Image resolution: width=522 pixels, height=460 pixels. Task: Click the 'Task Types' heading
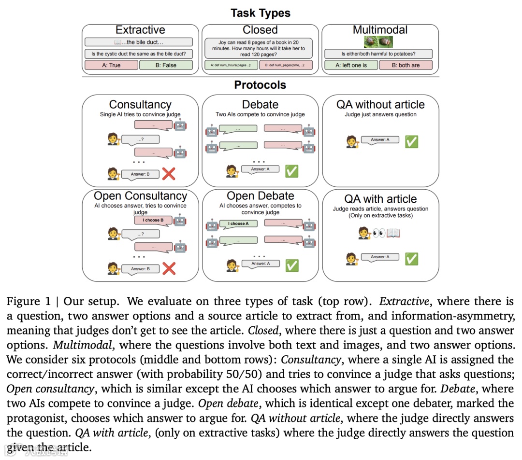[261, 13]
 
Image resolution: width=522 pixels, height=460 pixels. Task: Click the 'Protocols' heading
[260, 85]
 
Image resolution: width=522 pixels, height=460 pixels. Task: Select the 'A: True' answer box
[111, 65]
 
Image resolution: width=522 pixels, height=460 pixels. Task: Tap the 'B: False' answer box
[166, 65]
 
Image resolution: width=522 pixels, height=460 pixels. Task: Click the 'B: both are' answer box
[406, 65]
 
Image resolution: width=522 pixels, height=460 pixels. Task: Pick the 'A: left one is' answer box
[351, 65]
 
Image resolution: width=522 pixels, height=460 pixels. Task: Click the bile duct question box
[138, 54]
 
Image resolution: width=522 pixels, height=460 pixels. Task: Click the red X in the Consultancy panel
[169, 174]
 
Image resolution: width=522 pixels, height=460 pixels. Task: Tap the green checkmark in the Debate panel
[291, 171]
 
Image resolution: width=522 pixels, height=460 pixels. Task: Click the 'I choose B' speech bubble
[153, 220]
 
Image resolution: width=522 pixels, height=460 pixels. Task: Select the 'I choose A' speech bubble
[238, 223]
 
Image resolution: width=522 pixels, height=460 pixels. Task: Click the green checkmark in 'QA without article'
[411, 141]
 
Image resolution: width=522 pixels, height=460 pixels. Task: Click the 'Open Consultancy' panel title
[140, 196]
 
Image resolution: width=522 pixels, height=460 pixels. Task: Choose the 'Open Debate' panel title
[260, 196]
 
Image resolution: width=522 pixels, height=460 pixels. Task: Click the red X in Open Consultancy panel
[169, 268]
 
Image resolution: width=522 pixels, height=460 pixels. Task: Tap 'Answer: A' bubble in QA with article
[380, 257]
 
